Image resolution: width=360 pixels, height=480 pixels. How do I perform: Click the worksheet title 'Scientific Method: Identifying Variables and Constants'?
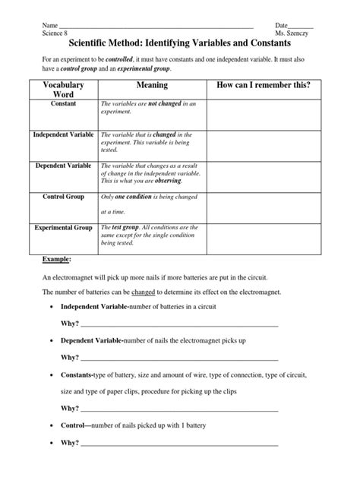click(x=180, y=46)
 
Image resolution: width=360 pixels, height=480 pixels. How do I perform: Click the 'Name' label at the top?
click(x=50, y=25)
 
